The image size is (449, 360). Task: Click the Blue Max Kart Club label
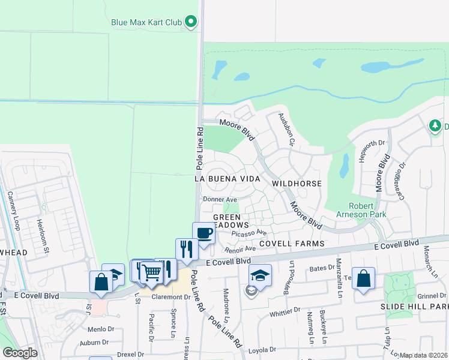coord(146,23)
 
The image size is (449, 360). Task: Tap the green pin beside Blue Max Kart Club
coord(191,23)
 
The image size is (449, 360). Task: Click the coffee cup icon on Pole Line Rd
coord(203,233)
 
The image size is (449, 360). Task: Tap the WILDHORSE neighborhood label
coord(297,183)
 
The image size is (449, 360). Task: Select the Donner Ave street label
coord(220,199)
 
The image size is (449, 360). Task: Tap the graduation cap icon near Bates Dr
coord(260,275)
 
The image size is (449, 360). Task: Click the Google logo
coord(20,353)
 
